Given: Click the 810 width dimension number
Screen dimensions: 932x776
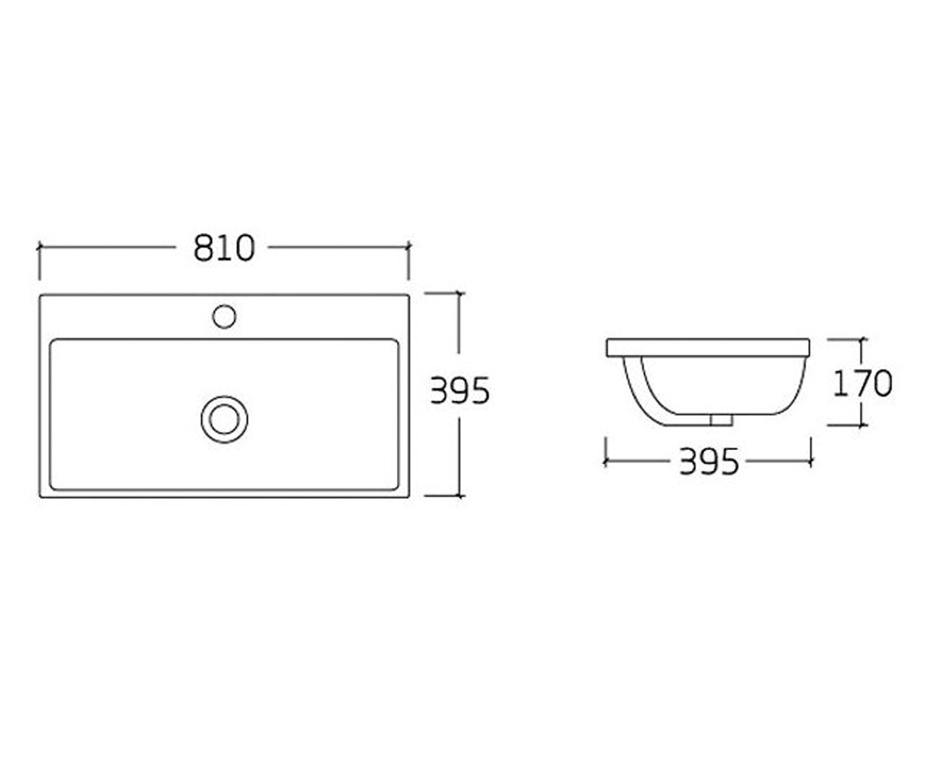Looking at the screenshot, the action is pos(224,248).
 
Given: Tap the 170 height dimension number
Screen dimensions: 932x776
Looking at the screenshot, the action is pos(862,383).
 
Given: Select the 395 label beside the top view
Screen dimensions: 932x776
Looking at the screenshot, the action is pos(460,391).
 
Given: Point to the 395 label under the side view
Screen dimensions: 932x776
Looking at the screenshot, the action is pos(709,462).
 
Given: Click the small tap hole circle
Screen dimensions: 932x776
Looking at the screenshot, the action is pos(224,317).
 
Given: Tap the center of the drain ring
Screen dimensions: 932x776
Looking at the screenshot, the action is pos(224,420).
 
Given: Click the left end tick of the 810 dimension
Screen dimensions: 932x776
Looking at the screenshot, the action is pos(40,247).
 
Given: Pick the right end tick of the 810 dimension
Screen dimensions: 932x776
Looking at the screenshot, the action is pos(409,247).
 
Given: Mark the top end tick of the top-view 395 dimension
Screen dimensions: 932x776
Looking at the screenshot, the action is pos(459,293).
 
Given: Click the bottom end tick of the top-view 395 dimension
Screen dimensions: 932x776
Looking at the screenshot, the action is pos(459,496).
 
